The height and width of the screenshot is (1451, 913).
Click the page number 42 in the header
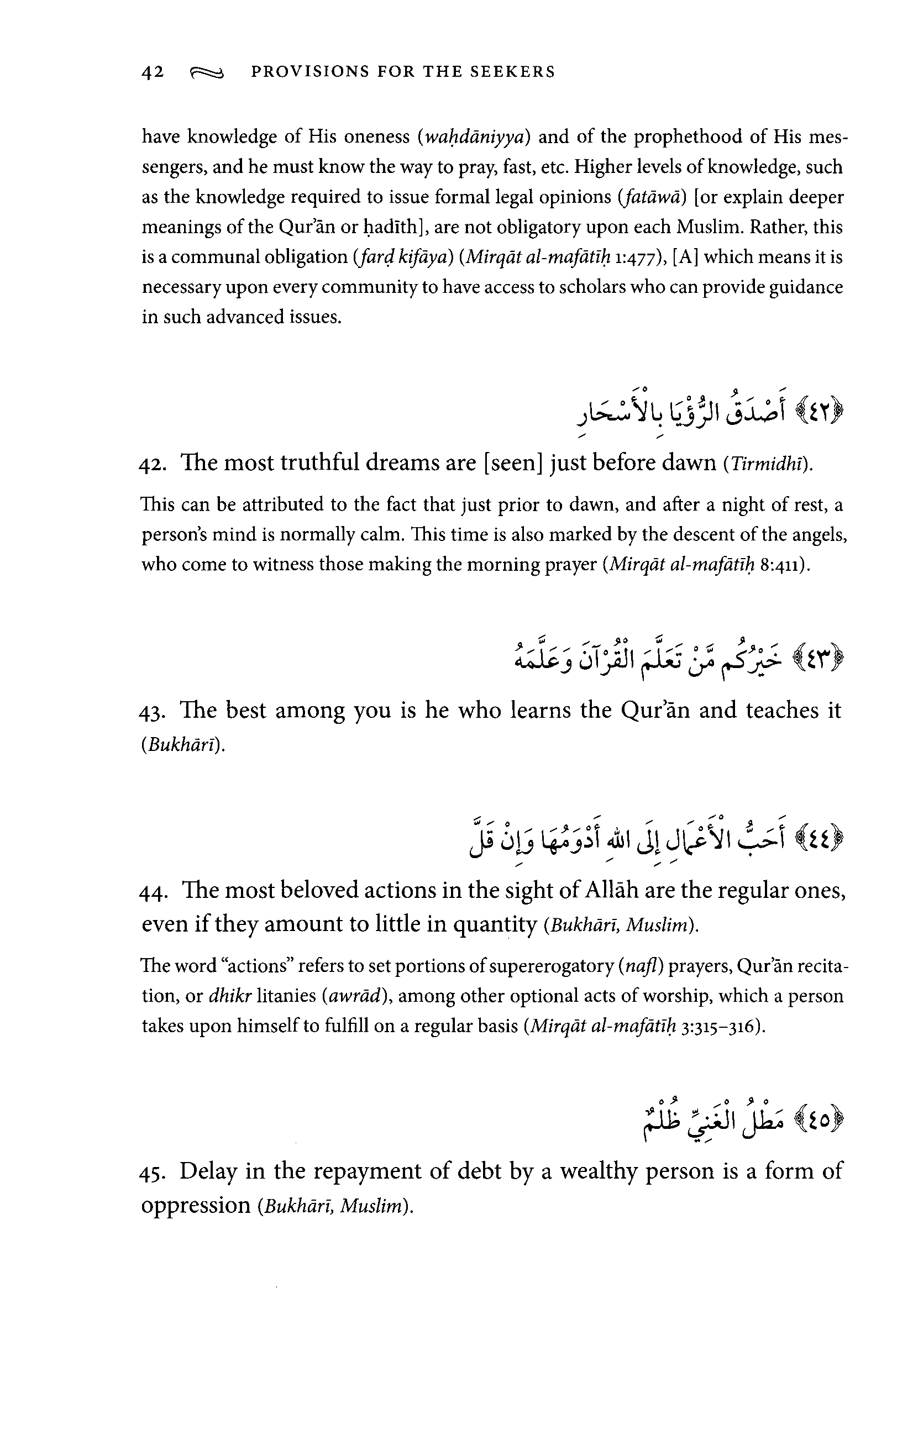153,72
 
